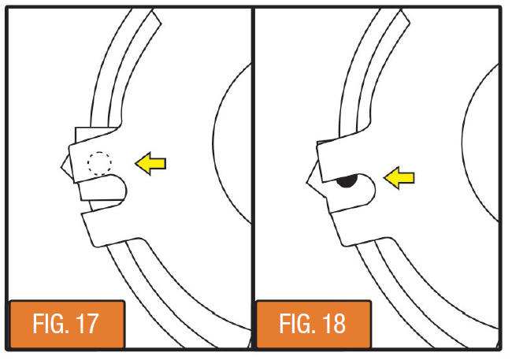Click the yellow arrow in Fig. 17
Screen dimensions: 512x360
pos(151,163)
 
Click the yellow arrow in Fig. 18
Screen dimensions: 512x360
pos(399,178)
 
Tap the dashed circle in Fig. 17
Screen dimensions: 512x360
pos(99,163)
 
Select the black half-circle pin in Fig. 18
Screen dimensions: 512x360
pos(347,182)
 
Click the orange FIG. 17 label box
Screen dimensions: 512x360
pos(67,324)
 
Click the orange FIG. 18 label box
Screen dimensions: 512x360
pos(314,324)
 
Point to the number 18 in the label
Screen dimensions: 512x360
pos(334,324)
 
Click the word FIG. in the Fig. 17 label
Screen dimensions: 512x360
pos(51,324)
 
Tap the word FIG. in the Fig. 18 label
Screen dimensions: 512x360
pos(298,324)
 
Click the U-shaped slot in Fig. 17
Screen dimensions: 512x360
pos(103,187)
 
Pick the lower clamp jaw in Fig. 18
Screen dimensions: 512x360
pos(356,225)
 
